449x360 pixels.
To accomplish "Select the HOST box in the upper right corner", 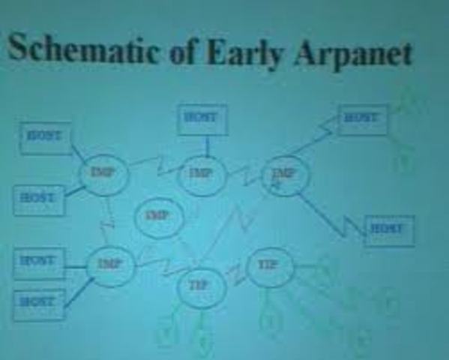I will click(x=363, y=118).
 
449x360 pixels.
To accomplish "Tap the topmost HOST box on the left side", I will click(x=45, y=137).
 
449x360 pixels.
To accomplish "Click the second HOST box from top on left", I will click(x=39, y=199).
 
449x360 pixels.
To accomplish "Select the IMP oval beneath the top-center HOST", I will click(x=202, y=175).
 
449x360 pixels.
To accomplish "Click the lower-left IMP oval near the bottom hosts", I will click(x=110, y=264).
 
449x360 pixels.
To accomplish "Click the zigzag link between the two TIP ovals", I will click(x=236, y=275).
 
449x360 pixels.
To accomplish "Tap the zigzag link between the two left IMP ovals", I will click(x=109, y=219).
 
